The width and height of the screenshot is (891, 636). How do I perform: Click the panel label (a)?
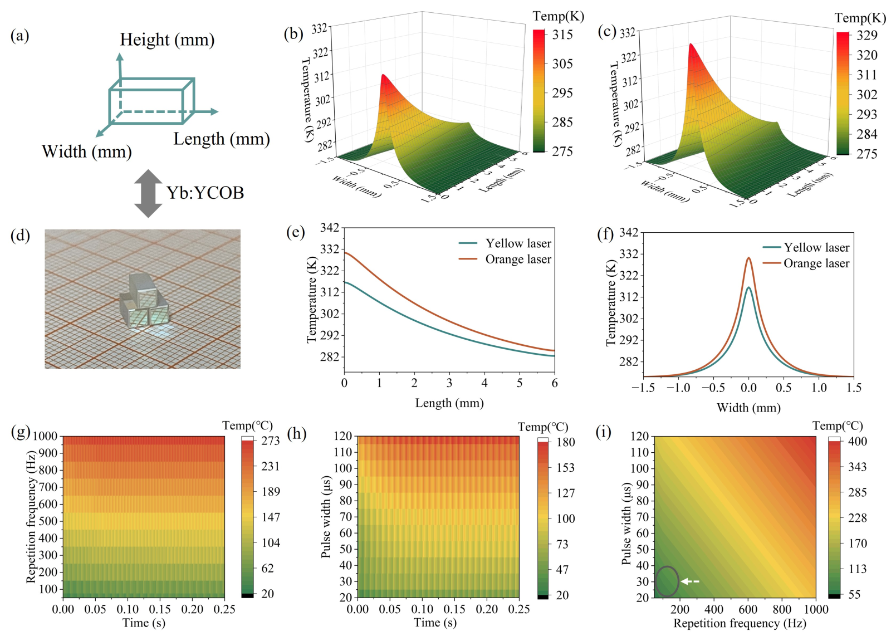(x=19, y=36)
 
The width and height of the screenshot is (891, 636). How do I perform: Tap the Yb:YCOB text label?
(x=205, y=193)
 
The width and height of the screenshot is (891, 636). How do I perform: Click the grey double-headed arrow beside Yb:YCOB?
(x=148, y=193)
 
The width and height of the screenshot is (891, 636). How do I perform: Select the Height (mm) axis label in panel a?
(x=167, y=40)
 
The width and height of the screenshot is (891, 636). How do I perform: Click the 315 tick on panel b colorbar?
(x=562, y=35)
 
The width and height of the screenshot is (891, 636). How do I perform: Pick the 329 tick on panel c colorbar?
(x=866, y=36)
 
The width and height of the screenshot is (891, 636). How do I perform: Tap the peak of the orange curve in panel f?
(x=748, y=258)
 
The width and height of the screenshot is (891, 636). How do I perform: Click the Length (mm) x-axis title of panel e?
(x=449, y=403)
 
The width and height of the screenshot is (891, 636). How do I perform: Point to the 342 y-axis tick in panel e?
(x=330, y=228)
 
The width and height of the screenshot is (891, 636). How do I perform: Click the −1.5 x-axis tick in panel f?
(x=643, y=388)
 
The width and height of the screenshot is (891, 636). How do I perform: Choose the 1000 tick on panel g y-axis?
(x=45, y=436)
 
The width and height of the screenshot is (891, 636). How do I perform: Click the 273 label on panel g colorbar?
(x=271, y=441)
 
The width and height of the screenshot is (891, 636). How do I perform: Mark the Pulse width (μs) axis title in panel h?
(x=326, y=516)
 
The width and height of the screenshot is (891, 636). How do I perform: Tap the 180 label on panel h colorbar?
(x=566, y=443)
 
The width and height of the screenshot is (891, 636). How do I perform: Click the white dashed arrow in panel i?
(x=691, y=581)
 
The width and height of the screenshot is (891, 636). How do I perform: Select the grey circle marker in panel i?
(x=667, y=581)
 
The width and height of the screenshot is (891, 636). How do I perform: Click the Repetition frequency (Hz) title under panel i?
(x=740, y=623)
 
